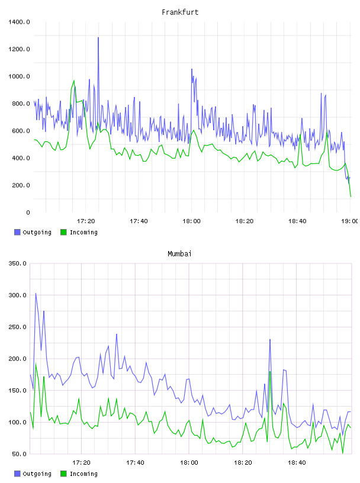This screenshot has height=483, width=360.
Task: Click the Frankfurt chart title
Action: (180, 12)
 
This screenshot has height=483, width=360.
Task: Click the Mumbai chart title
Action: (179, 253)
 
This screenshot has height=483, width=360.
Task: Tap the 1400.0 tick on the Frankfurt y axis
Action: (19, 22)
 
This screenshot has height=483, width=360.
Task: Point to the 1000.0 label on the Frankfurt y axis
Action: (19, 76)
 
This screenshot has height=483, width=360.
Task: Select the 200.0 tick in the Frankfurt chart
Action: (21, 185)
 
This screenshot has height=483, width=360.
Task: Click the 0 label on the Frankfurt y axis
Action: (28, 212)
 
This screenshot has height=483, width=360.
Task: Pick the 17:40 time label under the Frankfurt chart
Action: (139, 221)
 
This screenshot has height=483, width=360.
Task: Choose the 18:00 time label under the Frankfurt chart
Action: (191, 221)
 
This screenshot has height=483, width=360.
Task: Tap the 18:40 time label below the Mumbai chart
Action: (297, 462)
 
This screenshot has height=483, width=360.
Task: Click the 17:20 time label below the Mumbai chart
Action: (81, 462)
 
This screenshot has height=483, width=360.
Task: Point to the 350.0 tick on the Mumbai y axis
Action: (18, 263)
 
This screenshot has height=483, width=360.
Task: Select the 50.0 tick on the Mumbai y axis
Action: (19, 454)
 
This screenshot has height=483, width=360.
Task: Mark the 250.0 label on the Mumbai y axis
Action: (18, 327)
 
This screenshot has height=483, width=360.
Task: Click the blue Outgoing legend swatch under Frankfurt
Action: (17, 232)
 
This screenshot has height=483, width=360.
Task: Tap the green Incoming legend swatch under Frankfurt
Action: (63, 232)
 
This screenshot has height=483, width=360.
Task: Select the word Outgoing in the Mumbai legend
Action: (37, 474)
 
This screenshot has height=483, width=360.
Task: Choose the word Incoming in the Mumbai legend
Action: (83, 474)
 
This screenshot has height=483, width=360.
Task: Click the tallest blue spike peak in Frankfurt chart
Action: (98, 37)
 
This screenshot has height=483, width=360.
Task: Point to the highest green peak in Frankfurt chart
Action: (73, 80)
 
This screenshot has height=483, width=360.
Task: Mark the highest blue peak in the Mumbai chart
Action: (36, 293)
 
